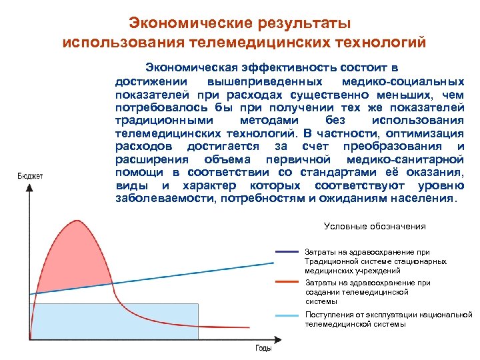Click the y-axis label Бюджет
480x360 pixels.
(29, 176)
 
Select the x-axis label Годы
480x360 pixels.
(263, 348)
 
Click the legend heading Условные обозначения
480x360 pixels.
(374, 226)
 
